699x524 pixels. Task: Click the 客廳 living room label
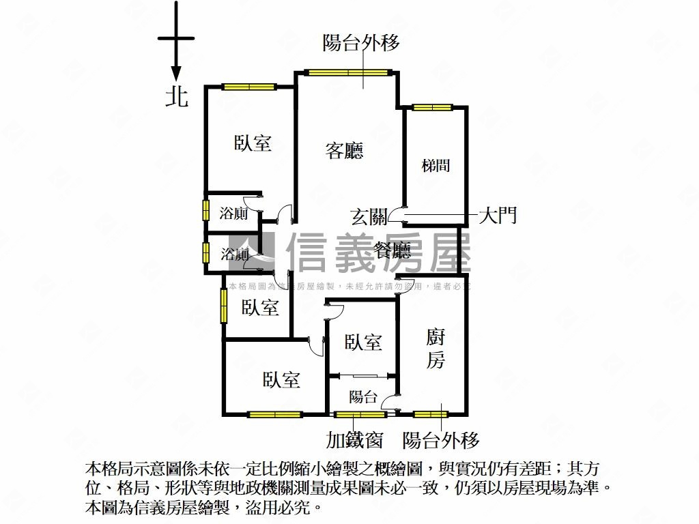point(344,151)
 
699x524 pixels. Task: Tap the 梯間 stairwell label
point(436,165)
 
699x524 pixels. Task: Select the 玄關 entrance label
point(369,217)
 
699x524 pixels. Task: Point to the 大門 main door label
point(497,216)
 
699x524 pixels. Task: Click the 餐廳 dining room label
point(393,251)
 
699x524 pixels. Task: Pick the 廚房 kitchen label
point(436,348)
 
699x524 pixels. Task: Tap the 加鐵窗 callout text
point(354,440)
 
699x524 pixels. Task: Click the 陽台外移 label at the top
point(361,43)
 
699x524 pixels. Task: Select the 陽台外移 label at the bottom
point(441,440)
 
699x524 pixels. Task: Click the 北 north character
point(177,96)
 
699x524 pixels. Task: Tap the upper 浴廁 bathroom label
point(233,214)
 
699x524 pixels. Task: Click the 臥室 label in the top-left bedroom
point(253,143)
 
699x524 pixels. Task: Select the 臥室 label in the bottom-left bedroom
point(281,379)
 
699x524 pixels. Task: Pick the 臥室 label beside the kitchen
point(362,343)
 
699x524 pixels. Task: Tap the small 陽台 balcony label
point(362,397)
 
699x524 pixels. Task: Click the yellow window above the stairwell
point(432,107)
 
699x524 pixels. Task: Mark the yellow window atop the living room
point(348,72)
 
